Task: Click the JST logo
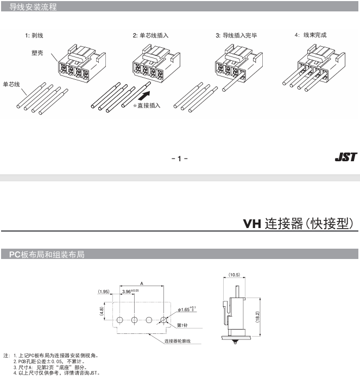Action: click(346, 157)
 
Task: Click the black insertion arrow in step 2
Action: click(144, 96)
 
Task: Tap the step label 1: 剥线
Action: click(34, 35)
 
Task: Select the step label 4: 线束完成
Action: click(311, 35)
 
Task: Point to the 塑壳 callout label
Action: click(37, 53)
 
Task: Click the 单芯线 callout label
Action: click(11, 84)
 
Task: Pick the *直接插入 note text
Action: click(147, 105)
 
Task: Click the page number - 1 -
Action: click(180, 159)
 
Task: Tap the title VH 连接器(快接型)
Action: click(298, 224)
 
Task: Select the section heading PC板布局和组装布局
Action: click(47, 254)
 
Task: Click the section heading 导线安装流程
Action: click(33, 7)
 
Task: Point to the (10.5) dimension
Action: click(234, 275)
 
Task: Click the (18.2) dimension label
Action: click(257, 317)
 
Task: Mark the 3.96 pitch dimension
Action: click(130, 291)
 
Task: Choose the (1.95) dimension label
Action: click(104, 292)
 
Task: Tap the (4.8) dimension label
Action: click(102, 311)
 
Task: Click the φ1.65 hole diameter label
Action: click(187, 309)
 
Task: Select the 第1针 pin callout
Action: click(182, 325)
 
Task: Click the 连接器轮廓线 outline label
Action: click(178, 341)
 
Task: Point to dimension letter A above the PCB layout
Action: click(142, 283)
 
